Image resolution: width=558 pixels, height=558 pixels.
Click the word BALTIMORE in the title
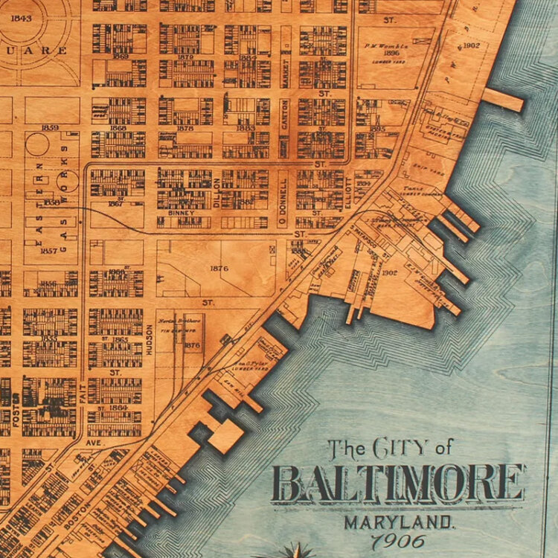point(398,484)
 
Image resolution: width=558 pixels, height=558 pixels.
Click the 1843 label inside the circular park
point(22,18)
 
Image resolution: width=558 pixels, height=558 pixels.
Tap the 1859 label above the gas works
point(50,127)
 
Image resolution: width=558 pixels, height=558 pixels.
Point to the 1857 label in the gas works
point(49,251)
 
